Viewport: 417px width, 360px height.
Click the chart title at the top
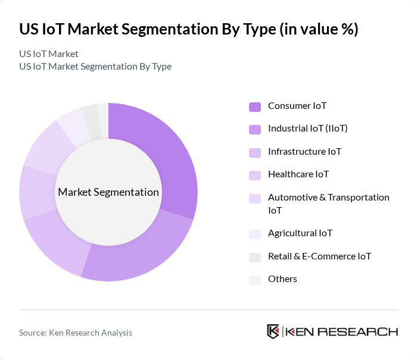[x=188, y=30]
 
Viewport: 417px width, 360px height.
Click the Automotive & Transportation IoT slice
[x=45, y=146]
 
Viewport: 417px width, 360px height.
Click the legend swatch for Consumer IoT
[x=255, y=107]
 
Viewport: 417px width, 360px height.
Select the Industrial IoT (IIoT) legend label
[x=307, y=129]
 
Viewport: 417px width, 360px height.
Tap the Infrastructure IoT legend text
[x=304, y=152]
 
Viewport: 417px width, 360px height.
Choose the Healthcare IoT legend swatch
[x=255, y=176]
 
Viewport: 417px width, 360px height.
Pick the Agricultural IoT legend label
[x=300, y=233]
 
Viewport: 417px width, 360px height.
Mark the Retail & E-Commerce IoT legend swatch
[x=255, y=257]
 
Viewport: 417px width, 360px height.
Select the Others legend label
[x=282, y=279]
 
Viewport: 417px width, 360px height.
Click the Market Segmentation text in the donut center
[x=108, y=192]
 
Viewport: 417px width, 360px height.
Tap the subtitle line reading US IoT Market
[x=49, y=54]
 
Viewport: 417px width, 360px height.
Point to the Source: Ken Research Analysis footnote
[x=76, y=333]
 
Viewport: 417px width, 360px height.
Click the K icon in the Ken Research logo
[x=273, y=331]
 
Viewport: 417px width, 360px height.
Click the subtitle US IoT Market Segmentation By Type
[x=95, y=67]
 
